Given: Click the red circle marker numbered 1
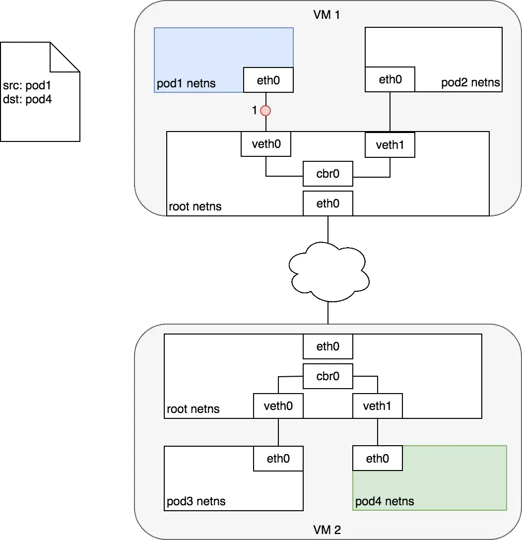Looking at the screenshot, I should (x=266, y=111).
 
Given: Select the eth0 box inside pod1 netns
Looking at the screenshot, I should (x=268, y=80).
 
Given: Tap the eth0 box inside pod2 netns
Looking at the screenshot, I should (x=390, y=79).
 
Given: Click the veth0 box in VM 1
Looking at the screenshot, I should (x=265, y=144).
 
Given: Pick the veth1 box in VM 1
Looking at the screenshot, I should (x=390, y=145).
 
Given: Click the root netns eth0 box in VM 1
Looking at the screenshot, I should (x=328, y=203).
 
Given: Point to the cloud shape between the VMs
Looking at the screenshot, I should (x=328, y=271).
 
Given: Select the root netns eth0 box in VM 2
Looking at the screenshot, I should (x=328, y=346).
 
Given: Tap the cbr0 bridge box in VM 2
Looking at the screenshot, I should (x=328, y=376).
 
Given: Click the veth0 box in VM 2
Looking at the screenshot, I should (x=278, y=406).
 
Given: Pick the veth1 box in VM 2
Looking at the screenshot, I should (x=378, y=406).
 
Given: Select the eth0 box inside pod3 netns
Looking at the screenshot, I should (x=278, y=459).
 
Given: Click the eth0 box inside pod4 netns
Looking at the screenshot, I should (x=378, y=459).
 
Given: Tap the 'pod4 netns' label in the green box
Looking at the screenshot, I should (x=385, y=501).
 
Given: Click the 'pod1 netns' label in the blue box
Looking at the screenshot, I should (x=187, y=83).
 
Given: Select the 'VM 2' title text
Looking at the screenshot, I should (x=327, y=530).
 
